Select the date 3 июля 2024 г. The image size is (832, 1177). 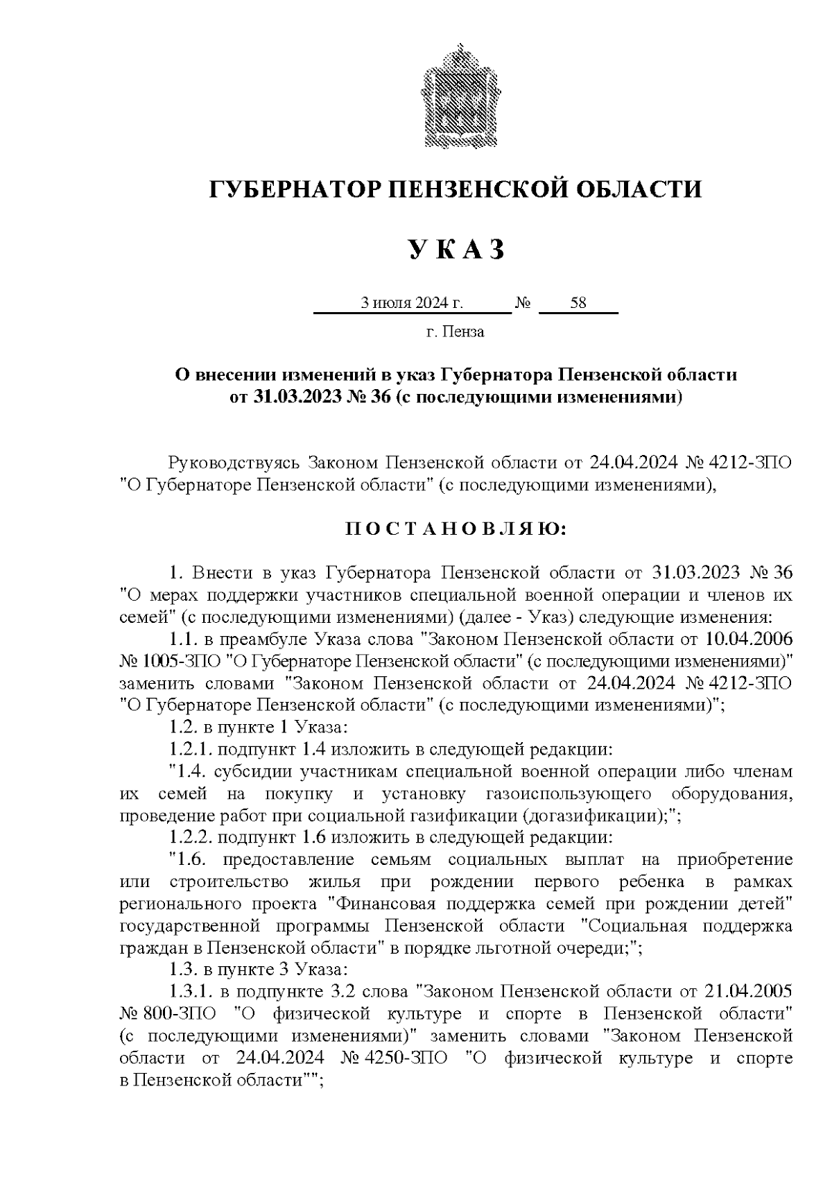(x=411, y=303)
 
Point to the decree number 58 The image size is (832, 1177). (x=578, y=303)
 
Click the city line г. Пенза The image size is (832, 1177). (x=455, y=332)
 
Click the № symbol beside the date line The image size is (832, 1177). (x=523, y=303)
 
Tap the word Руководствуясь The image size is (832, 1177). (x=232, y=463)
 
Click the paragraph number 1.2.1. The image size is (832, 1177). (x=191, y=749)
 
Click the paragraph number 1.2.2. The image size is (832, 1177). (x=191, y=838)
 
